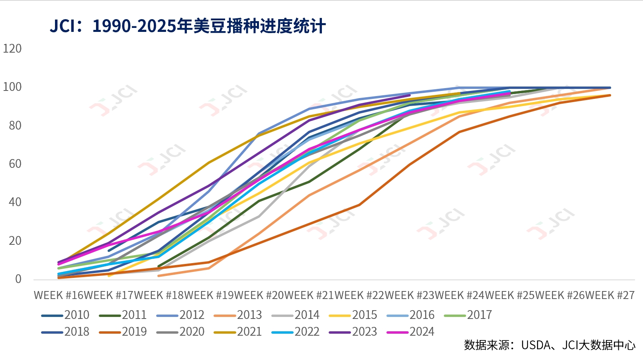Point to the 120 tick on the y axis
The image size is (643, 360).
[12, 49]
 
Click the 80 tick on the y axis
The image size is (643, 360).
[15, 126]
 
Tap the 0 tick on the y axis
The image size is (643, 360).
[18, 279]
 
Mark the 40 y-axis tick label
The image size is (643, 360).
[15, 202]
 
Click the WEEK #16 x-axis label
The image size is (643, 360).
[59, 295]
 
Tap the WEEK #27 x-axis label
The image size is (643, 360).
[610, 295]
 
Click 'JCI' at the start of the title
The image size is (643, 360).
[62, 26]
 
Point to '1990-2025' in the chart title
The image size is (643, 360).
[134, 26]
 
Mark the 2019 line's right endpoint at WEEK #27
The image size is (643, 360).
[610, 95]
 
